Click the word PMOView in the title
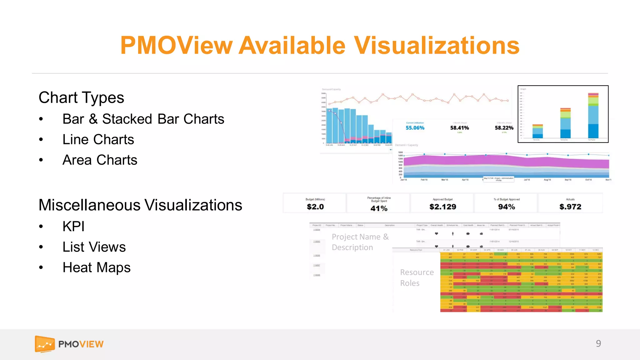coord(177,46)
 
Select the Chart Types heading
coord(81,97)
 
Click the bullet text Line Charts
coord(98,139)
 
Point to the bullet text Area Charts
coord(100,160)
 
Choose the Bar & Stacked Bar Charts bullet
coord(143,119)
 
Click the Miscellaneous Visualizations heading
coord(140,205)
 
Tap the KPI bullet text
coord(73,226)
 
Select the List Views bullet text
coord(94,247)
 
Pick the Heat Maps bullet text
coord(96,267)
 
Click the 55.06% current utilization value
coord(415,128)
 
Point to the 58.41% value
coord(459,128)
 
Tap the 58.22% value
coord(504,128)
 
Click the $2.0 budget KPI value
coord(315,207)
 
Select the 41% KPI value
coord(379,208)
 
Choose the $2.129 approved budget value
coord(443,207)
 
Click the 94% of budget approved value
coord(507,207)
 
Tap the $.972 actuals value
coord(570,207)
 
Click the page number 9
coord(598,343)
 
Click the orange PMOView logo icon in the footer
coord(45,344)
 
